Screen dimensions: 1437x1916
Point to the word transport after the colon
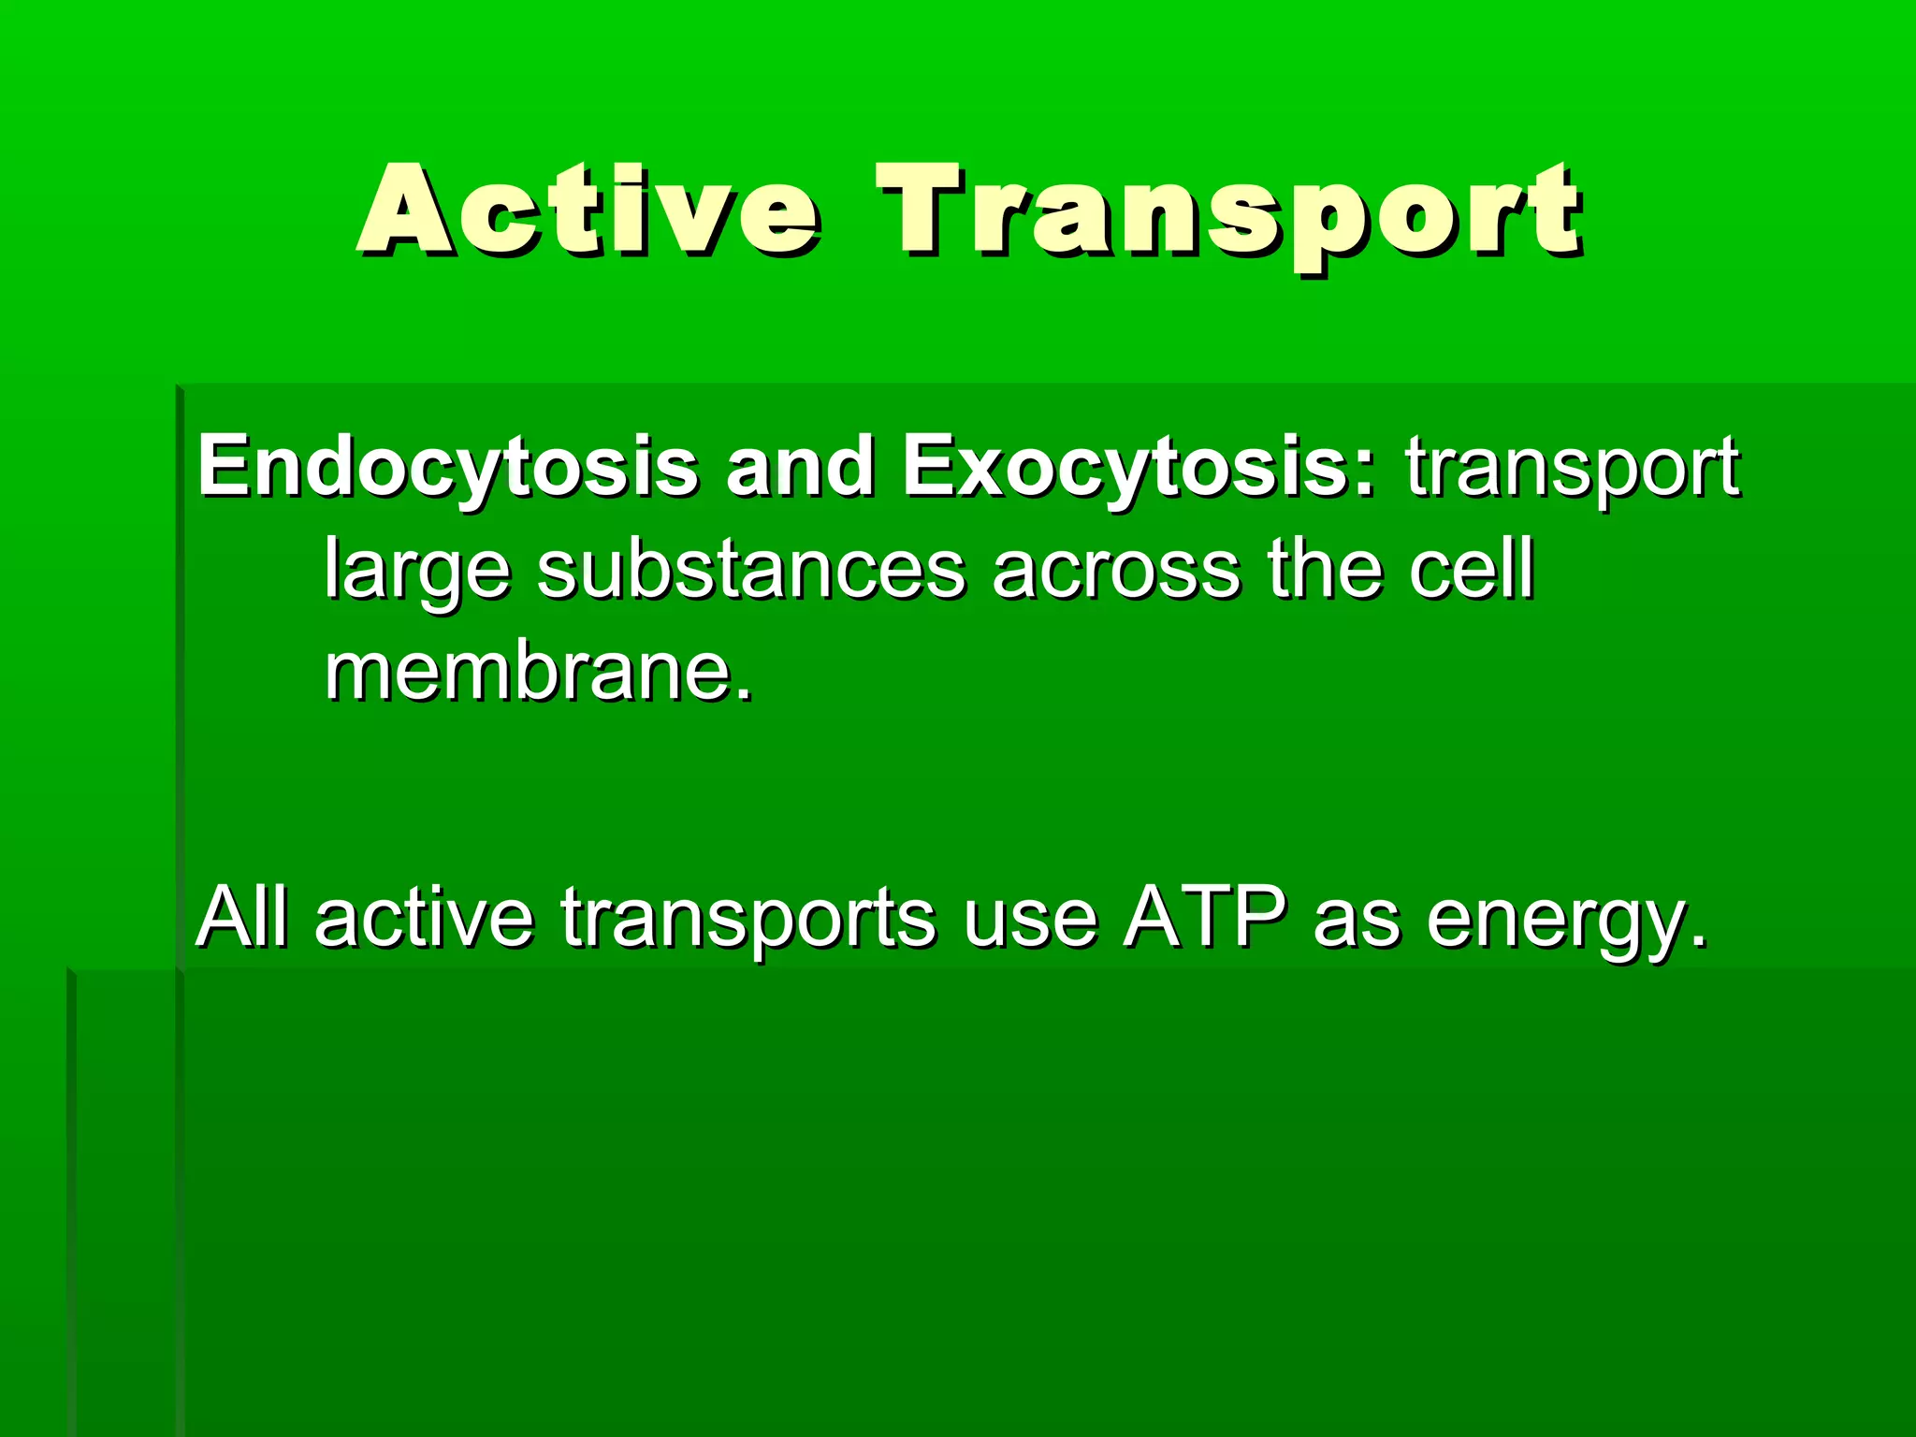tap(1572, 468)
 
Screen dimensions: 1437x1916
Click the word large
tap(417, 571)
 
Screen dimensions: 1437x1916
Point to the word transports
tap(748, 919)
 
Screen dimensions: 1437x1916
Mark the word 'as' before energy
tap(1357, 919)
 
